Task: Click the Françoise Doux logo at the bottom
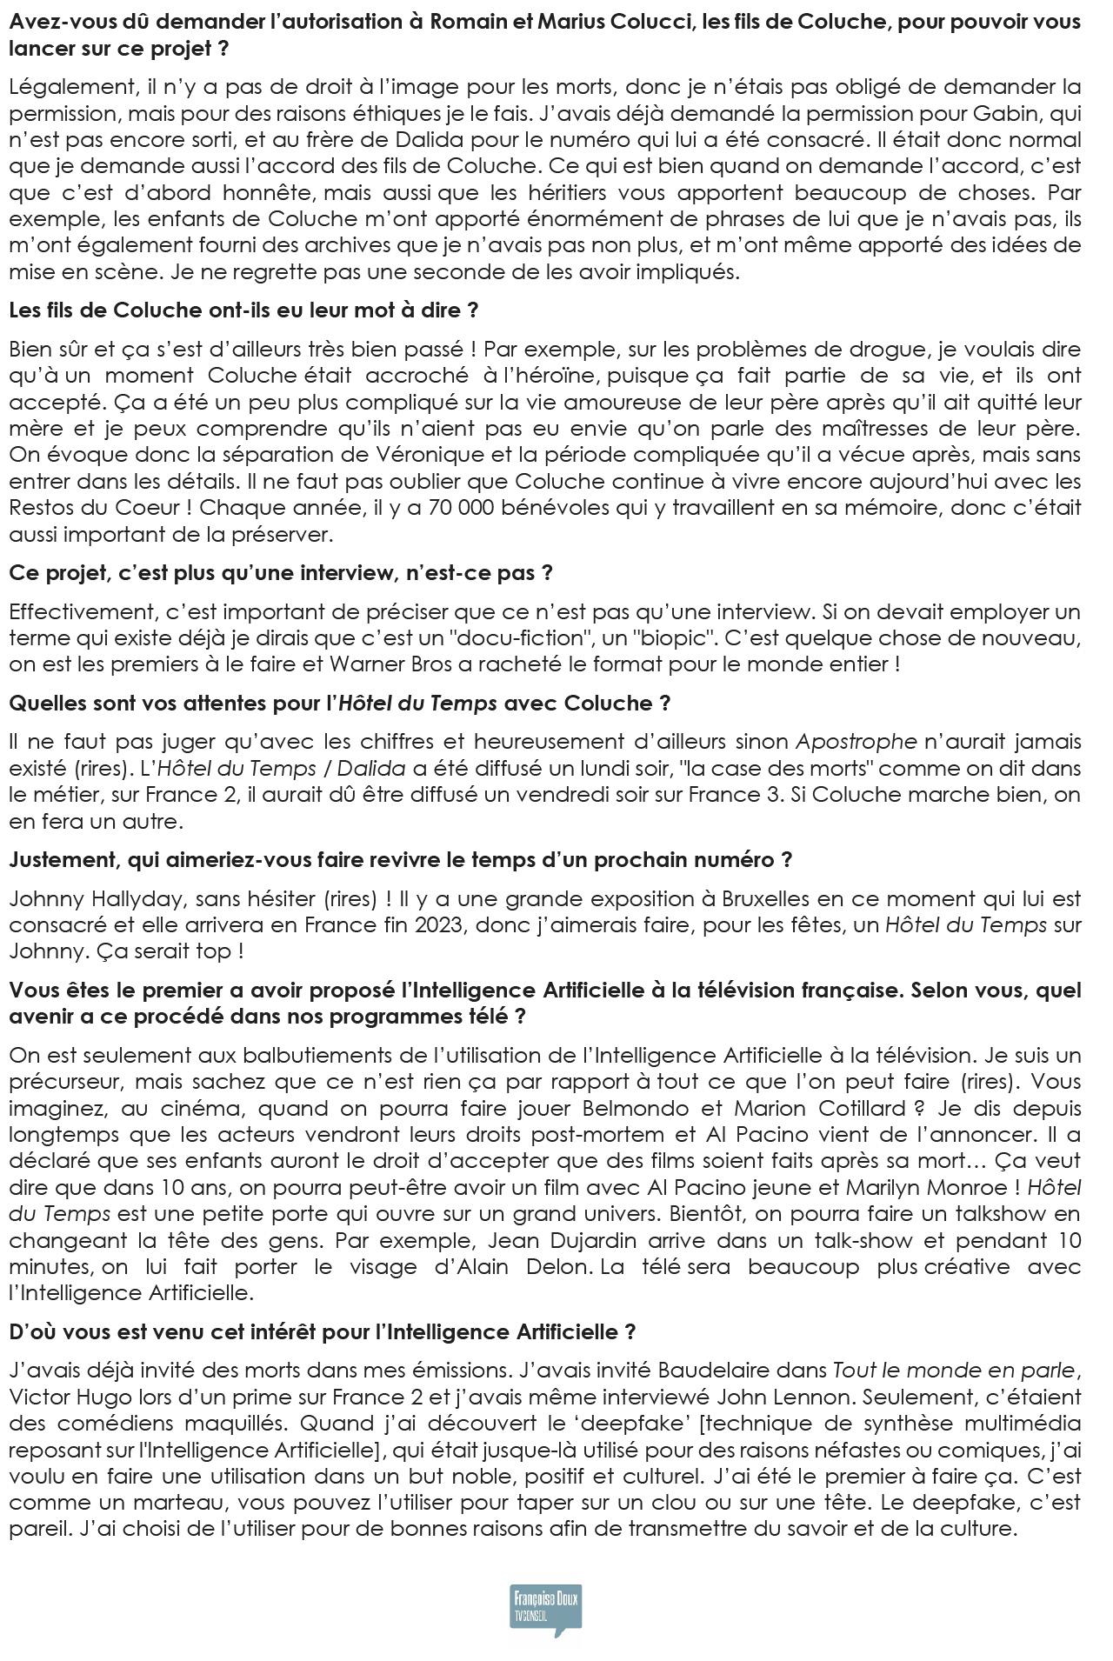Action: tap(545, 1610)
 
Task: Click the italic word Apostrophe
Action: tap(856, 742)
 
